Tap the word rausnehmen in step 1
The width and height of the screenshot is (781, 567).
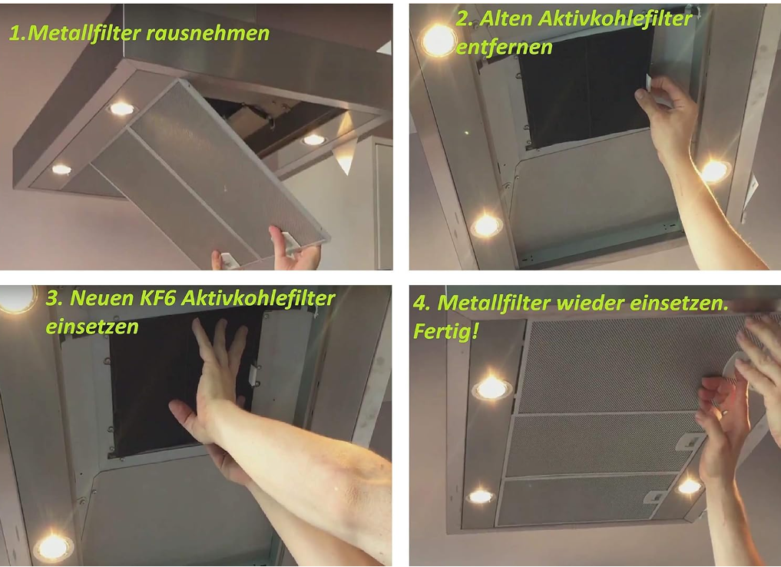(207, 33)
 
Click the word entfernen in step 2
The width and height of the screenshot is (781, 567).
(504, 48)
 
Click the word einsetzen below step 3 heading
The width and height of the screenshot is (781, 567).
(92, 327)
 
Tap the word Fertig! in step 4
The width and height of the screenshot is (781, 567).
(446, 331)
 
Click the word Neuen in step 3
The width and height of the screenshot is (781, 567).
(102, 298)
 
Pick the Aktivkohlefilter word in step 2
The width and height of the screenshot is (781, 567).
(616, 19)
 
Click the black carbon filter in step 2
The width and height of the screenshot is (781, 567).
(585, 87)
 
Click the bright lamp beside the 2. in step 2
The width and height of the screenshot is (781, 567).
(438, 40)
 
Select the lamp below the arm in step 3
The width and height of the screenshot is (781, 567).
(53, 547)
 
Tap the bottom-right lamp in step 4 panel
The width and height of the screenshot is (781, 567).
(690, 486)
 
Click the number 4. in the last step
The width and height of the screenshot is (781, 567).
(422, 303)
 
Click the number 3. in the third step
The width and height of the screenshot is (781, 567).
(54, 298)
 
